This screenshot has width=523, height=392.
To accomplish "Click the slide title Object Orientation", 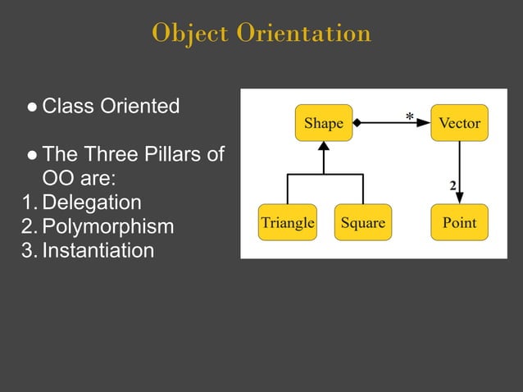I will pyautogui.click(x=261, y=33).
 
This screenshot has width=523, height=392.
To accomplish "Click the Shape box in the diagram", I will pyautogui.click(x=323, y=123).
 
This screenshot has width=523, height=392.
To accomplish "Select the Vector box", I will pyautogui.click(x=459, y=123).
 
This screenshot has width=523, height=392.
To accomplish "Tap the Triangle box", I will pyautogui.click(x=288, y=222).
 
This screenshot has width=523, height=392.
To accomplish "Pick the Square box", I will pyautogui.click(x=362, y=222).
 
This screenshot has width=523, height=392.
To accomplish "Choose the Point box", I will pyautogui.click(x=459, y=222).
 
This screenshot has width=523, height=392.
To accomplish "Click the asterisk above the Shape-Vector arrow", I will pyautogui.click(x=409, y=117).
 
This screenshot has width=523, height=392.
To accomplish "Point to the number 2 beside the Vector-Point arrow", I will pyautogui.click(x=453, y=185).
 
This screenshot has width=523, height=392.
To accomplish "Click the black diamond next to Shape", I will pyautogui.click(x=358, y=123).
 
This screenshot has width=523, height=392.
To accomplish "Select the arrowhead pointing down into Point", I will pyautogui.click(x=460, y=198).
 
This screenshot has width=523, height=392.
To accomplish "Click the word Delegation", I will pyautogui.click(x=91, y=203).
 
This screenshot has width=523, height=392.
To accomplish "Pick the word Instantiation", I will pyautogui.click(x=98, y=250).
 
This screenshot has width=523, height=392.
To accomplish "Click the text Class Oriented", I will pyautogui.click(x=111, y=107).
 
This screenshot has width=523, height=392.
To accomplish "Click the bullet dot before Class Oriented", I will pyautogui.click(x=31, y=107).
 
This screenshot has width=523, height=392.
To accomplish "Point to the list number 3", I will pyautogui.click(x=27, y=250).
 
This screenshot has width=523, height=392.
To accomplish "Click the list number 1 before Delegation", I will pyautogui.click(x=27, y=203).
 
